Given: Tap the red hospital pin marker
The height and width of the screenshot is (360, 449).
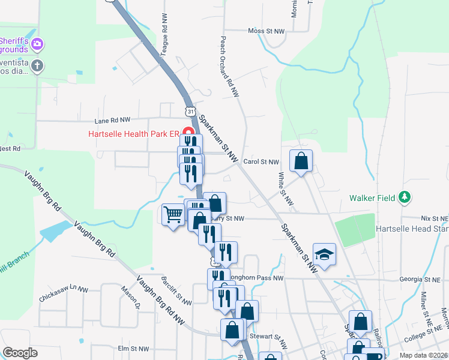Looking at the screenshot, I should click(188, 133).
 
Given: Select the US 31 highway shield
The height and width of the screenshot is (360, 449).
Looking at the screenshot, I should click(190, 112).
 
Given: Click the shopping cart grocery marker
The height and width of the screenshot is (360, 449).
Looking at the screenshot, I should click(173, 214).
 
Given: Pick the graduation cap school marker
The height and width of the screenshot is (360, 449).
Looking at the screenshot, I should click(324, 254).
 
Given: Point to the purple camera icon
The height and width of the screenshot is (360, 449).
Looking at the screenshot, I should click(37, 43).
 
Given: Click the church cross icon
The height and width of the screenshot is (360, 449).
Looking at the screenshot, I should click(37, 65).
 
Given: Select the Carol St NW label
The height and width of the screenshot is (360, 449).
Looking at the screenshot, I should click(261, 162).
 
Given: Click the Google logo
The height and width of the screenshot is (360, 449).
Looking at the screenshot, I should click(20, 353).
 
